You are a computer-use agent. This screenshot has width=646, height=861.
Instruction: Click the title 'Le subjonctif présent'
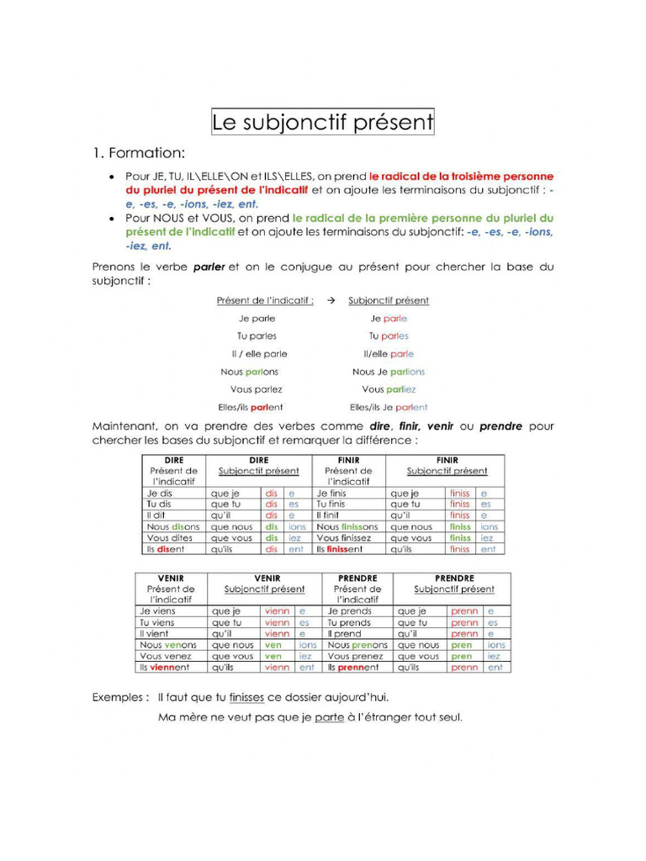[322, 123]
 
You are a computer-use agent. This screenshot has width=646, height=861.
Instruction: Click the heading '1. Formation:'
[138, 153]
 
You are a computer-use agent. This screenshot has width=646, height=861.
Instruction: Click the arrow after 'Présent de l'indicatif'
[331, 300]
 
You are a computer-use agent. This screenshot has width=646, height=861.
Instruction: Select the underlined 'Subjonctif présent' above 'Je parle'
[389, 300]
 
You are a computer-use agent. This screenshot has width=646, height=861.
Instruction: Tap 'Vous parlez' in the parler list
[257, 389]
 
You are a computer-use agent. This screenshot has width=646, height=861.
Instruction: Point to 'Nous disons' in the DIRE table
[173, 526]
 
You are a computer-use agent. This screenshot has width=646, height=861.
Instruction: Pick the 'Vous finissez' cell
[343, 538]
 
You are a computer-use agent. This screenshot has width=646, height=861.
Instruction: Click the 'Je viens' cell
[158, 611]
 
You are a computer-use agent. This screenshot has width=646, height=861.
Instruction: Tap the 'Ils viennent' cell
[165, 668]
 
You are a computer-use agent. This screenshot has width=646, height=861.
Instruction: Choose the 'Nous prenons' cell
[357, 645]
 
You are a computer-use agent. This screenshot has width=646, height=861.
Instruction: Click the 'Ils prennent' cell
[353, 668]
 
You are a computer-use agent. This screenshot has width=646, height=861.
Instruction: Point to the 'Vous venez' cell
[166, 656]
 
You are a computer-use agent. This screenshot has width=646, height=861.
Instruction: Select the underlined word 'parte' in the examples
[330, 717]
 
